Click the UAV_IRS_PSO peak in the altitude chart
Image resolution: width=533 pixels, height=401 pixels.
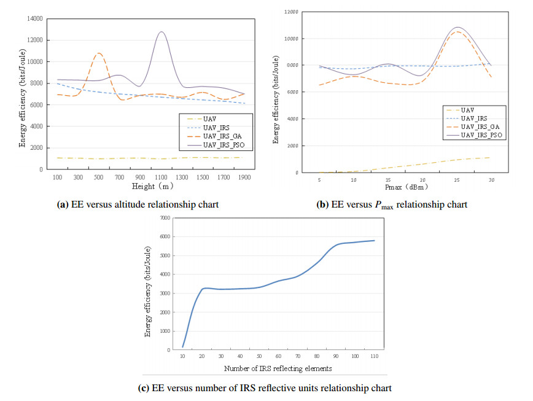(x=161, y=32)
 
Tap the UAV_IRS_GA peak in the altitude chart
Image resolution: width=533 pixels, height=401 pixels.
(x=99, y=53)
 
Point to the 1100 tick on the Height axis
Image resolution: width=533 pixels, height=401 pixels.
(x=161, y=177)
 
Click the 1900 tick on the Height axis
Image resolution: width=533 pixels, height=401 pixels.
(x=244, y=177)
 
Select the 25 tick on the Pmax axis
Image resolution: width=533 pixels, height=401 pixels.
(x=456, y=180)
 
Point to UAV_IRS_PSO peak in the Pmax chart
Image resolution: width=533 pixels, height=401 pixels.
(x=457, y=28)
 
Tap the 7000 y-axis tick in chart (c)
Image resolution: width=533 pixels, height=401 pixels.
(x=163, y=218)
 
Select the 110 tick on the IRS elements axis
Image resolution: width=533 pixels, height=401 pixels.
(x=374, y=356)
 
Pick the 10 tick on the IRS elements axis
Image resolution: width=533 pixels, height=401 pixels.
(x=182, y=356)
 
